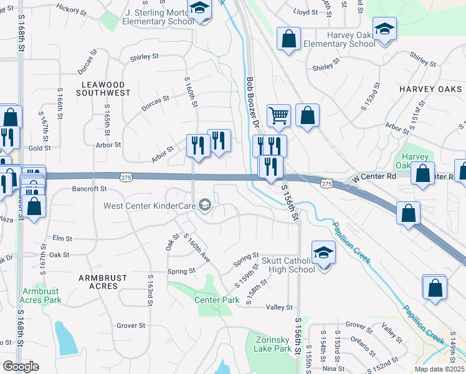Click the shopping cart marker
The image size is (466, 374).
(x=278, y=115)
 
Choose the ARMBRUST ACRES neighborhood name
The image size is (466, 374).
(x=103, y=282)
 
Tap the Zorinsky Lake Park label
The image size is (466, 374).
(x=273, y=344)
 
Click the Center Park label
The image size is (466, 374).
(x=217, y=300)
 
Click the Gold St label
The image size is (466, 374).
(x=39, y=148)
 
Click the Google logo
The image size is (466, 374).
(x=21, y=367)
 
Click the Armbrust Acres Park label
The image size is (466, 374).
(x=41, y=295)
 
